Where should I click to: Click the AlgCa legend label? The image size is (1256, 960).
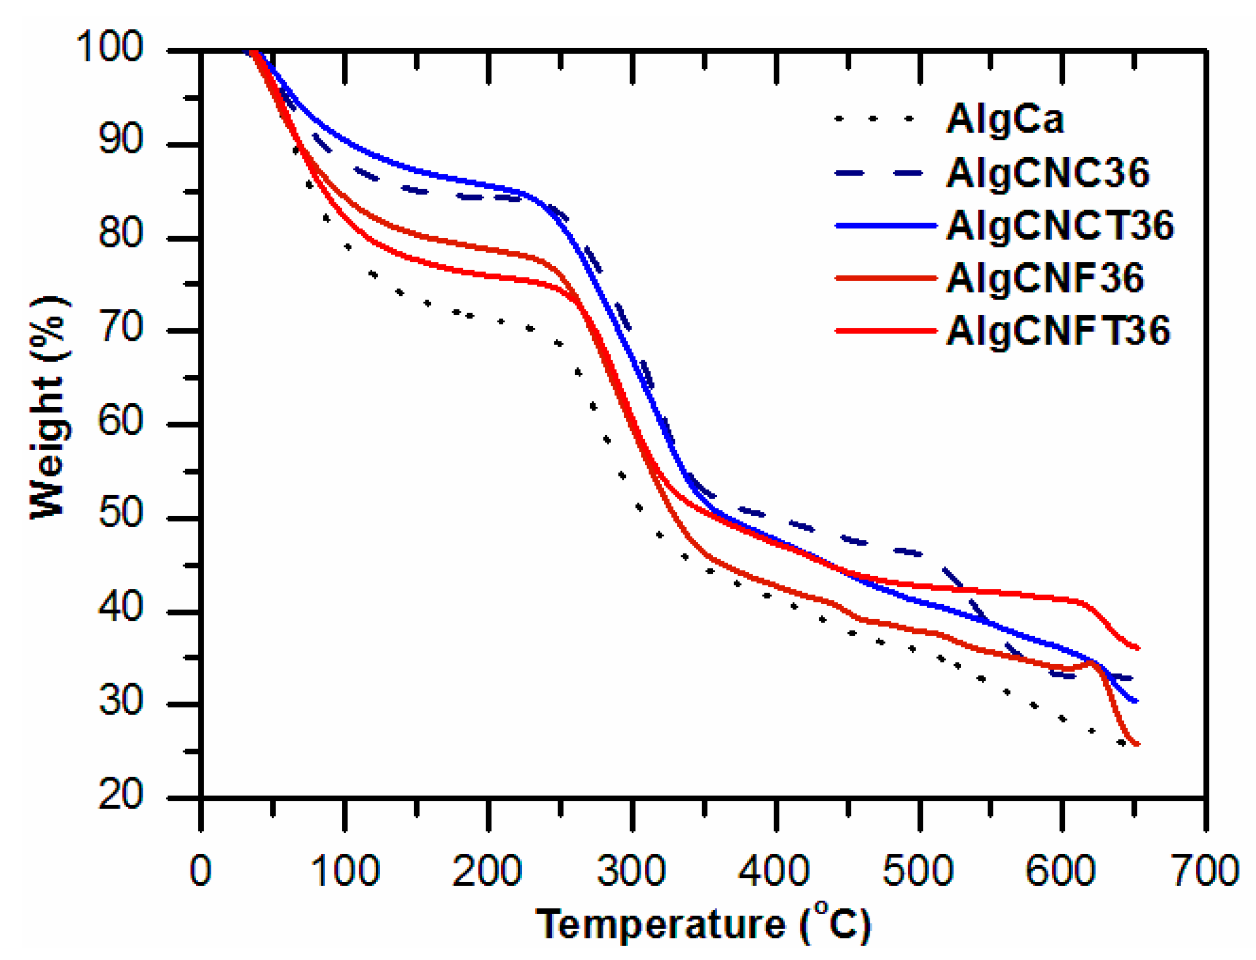click(1004, 119)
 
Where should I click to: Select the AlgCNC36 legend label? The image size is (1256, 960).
click(1047, 173)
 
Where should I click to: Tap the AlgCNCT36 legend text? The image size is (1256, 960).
click(1059, 226)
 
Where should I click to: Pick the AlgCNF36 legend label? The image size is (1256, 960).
click(1045, 278)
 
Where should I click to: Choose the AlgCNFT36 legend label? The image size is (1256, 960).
click(1057, 331)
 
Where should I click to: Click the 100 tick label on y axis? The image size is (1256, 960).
click(109, 47)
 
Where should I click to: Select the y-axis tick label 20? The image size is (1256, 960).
click(120, 794)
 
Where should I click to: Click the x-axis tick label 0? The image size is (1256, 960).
click(200, 871)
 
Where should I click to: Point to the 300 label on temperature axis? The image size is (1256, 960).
click(631, 871)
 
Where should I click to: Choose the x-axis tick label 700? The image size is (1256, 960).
click(1205, 871)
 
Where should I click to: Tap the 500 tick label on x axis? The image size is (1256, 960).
click(918, 871)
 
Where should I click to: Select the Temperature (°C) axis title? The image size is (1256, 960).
click(703, 925)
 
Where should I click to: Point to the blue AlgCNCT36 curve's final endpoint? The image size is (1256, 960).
click(1135, 700)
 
